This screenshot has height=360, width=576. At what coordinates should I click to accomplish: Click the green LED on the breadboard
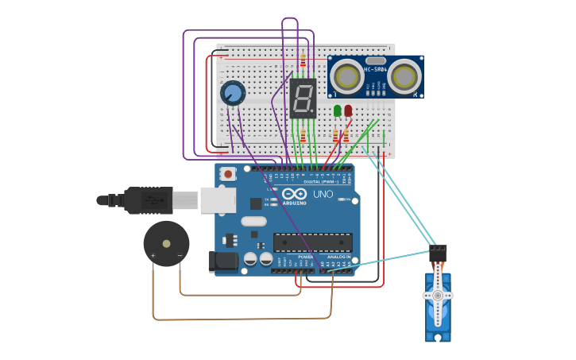pyautogui.click(x=338, y=110)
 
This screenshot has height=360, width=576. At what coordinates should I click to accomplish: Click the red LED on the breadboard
pyautogui.click(x=348, y=110)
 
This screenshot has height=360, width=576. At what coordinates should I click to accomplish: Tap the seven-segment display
pyautogui.click(x=303, y=99)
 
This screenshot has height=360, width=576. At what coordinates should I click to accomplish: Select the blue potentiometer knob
pyautogui.click(x=233, y=94)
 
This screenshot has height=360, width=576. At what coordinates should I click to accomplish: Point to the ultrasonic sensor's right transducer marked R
pyautogui.click(x=404, y=76)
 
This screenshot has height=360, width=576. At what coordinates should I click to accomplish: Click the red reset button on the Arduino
pyautogui.click(x=229, y=173)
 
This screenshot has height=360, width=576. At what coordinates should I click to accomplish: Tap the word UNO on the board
pyautogui.click(x=323, y=194)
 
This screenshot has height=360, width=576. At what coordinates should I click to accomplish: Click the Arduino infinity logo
pyautogui.click(x=294, y=194)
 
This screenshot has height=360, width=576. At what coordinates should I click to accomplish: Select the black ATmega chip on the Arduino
pyautogui.click(x=312, y=242)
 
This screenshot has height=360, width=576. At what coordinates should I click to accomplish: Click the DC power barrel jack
pyautogui.click(x=220, y=261)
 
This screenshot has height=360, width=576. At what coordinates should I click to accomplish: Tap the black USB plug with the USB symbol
pyautogui.click(x=148, y=200)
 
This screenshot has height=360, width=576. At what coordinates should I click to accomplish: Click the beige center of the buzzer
pyautogui.click(x=166, y=244)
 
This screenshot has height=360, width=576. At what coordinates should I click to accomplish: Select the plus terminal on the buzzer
pyautogui.click(x=153, y=255)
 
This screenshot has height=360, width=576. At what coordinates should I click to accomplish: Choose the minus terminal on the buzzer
pyautogui.click(x=180, y=255)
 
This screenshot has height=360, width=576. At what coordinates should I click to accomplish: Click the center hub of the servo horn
pyautogui.click(x=437, y=295)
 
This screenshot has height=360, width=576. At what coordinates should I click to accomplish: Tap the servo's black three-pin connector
pyautogui.click(x=438, y=253)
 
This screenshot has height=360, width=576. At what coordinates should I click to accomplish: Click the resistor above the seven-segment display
pyautogui.click(x=303, y=60)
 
